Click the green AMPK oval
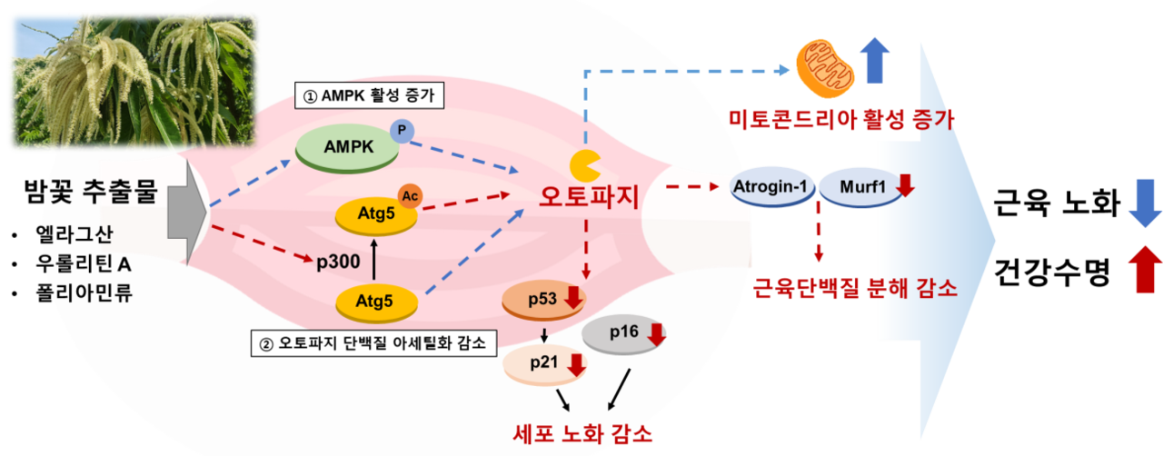pos(346,146)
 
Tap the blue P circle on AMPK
pos(401,132)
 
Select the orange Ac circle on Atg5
pos(410,195)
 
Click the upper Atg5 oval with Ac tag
pos(373,215)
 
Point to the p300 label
pos(340,263)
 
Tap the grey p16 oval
pos(623,333)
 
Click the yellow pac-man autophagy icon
pos(583,165)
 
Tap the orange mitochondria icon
pos(825,66)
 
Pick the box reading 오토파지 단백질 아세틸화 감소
pos(373,344)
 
